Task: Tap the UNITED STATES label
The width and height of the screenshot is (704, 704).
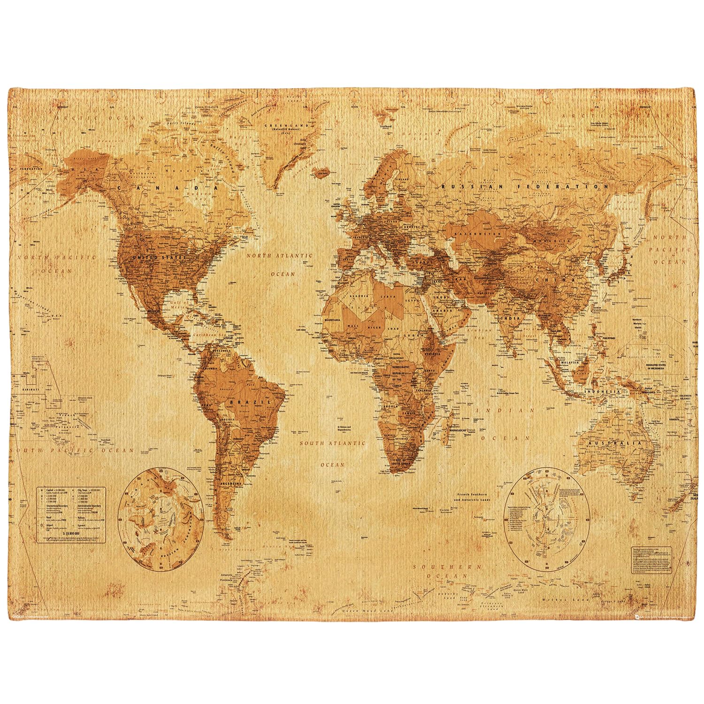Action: point(160,258)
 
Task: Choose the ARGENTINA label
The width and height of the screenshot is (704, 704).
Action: point(230,483)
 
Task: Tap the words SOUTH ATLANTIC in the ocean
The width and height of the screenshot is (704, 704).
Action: point(332,443)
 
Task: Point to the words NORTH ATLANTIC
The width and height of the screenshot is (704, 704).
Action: point(279,256)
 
